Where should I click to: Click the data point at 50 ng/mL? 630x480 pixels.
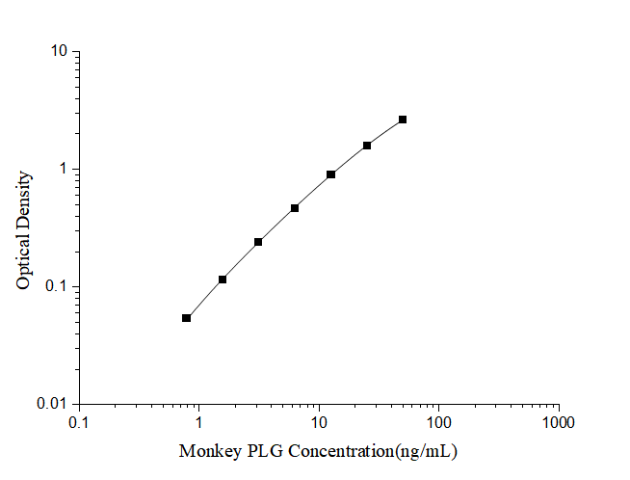pos(403,120)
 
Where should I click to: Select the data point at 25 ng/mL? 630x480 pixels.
pos(367,146)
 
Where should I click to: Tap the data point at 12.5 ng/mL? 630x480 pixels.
pos(330,174)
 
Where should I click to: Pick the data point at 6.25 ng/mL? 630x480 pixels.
pos(295,208)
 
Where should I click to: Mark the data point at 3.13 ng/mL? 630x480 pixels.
pos(258,242)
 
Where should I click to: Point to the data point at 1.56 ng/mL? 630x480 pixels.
pos(223,280)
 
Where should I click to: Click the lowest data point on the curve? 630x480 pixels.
pos(186,318)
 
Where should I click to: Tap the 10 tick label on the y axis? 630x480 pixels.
pos(60,51)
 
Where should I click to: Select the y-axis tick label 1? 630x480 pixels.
pos(65,169)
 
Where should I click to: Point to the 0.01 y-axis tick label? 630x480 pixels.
pos(54,404)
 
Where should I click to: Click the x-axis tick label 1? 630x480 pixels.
pos(199,423)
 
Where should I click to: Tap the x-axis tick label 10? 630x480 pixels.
pos(319,423)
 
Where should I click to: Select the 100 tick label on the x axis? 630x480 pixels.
pos(438,423)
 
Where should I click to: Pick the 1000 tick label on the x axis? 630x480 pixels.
pos(558,423)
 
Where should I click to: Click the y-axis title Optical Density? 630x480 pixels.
pos(25,228)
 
